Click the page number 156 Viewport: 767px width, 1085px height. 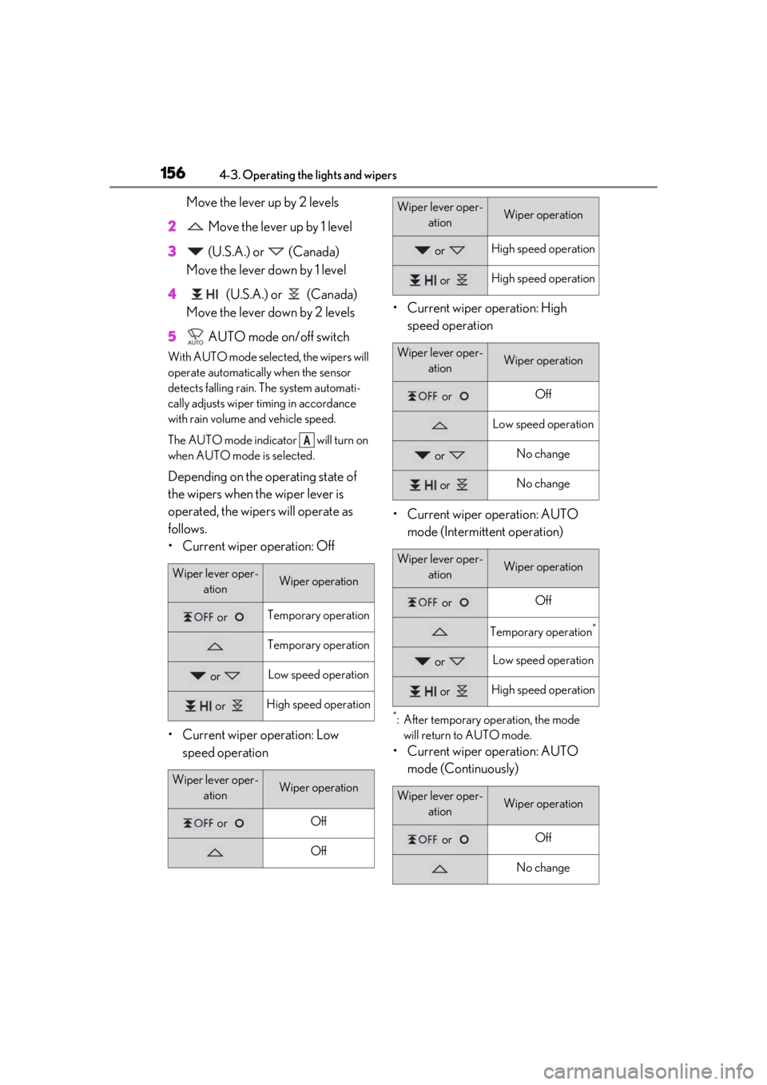tap(173, 173)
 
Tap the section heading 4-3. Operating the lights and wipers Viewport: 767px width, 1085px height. tap(308, 175)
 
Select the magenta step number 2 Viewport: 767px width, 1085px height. tap(172, 226)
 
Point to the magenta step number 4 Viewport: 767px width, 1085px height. tap(172, 294)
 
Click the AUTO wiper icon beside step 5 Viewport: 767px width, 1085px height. tap(196, 336)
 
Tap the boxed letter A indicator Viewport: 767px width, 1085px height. tap(307, 439)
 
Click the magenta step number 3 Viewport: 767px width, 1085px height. tap(172, 252)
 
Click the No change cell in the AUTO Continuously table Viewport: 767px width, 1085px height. tap(542, 867)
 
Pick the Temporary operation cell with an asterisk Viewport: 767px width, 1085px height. tap(542, 631)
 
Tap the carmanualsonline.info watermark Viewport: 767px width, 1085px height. tap(649, 1071)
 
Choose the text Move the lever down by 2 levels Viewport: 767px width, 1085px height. tap(270, 312)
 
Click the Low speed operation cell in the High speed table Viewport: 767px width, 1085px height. tap(542, 423)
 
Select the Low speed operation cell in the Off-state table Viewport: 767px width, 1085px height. tap(318, 674)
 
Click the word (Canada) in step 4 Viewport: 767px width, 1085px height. tap(332, 295)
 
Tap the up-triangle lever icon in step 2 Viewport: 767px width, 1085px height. tap(196, 226)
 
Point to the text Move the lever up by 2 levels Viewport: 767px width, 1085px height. tap(262, 202)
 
